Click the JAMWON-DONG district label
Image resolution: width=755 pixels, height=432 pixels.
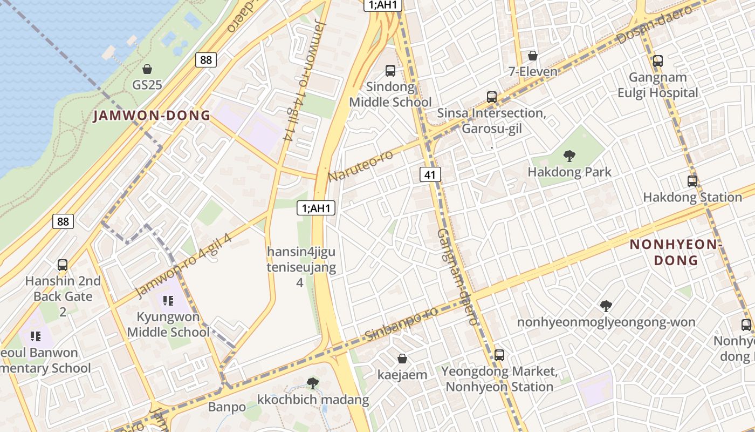(x=152, y=116)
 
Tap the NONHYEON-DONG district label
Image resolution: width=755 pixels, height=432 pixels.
(x=676, y=252)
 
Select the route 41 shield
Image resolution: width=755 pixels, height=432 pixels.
(x=429, y=174)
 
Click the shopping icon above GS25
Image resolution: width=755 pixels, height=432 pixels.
(x=147, y=69)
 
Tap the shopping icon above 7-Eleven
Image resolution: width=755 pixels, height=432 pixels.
(x=533, y=56)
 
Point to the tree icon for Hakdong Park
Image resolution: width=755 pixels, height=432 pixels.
(x=569, y=157)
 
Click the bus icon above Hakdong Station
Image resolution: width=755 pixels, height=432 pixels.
(x=692, y=181)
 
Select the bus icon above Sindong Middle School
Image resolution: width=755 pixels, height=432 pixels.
(x=390, y=71)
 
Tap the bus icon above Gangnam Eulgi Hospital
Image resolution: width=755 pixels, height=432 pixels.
(x=657, y=61)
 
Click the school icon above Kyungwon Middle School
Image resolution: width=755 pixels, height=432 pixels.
(x=168, y=301)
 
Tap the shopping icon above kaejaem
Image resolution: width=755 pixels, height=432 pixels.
(x=402, y=359)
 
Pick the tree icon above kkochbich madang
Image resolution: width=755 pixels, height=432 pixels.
(x=312, y=383)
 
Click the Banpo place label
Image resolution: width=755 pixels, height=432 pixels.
(x=227, y=407)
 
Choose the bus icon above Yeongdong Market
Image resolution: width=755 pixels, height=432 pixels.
(x=499, y=355)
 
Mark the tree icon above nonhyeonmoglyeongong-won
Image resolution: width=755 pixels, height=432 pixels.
(x=606, y=306)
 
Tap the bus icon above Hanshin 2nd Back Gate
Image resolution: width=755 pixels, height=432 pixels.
(x=63, y=265)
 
